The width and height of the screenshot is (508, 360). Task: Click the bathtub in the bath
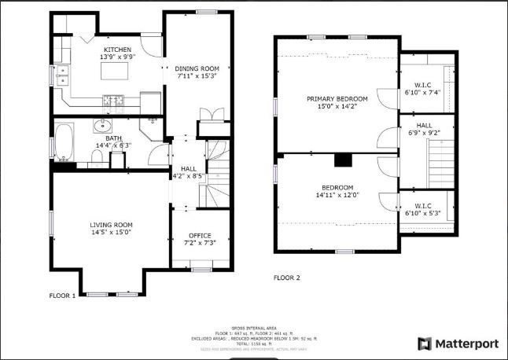[x=64, y=143]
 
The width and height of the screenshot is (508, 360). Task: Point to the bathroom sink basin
[x=101, y=126]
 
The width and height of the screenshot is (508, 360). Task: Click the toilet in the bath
[x=96, y=157]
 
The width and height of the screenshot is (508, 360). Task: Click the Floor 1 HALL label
[x=189, y=168]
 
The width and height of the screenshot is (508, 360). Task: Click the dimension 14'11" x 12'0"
[x=337, y=194]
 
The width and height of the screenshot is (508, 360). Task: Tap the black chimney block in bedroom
[x=343, y=160]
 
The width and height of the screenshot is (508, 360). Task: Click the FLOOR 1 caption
[x=62, y=296]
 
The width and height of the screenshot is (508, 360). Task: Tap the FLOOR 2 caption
[x=286, y=277]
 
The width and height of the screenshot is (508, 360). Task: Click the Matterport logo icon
[x=425, y=343]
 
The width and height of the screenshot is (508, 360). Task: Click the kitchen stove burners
[x=113, y=99]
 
